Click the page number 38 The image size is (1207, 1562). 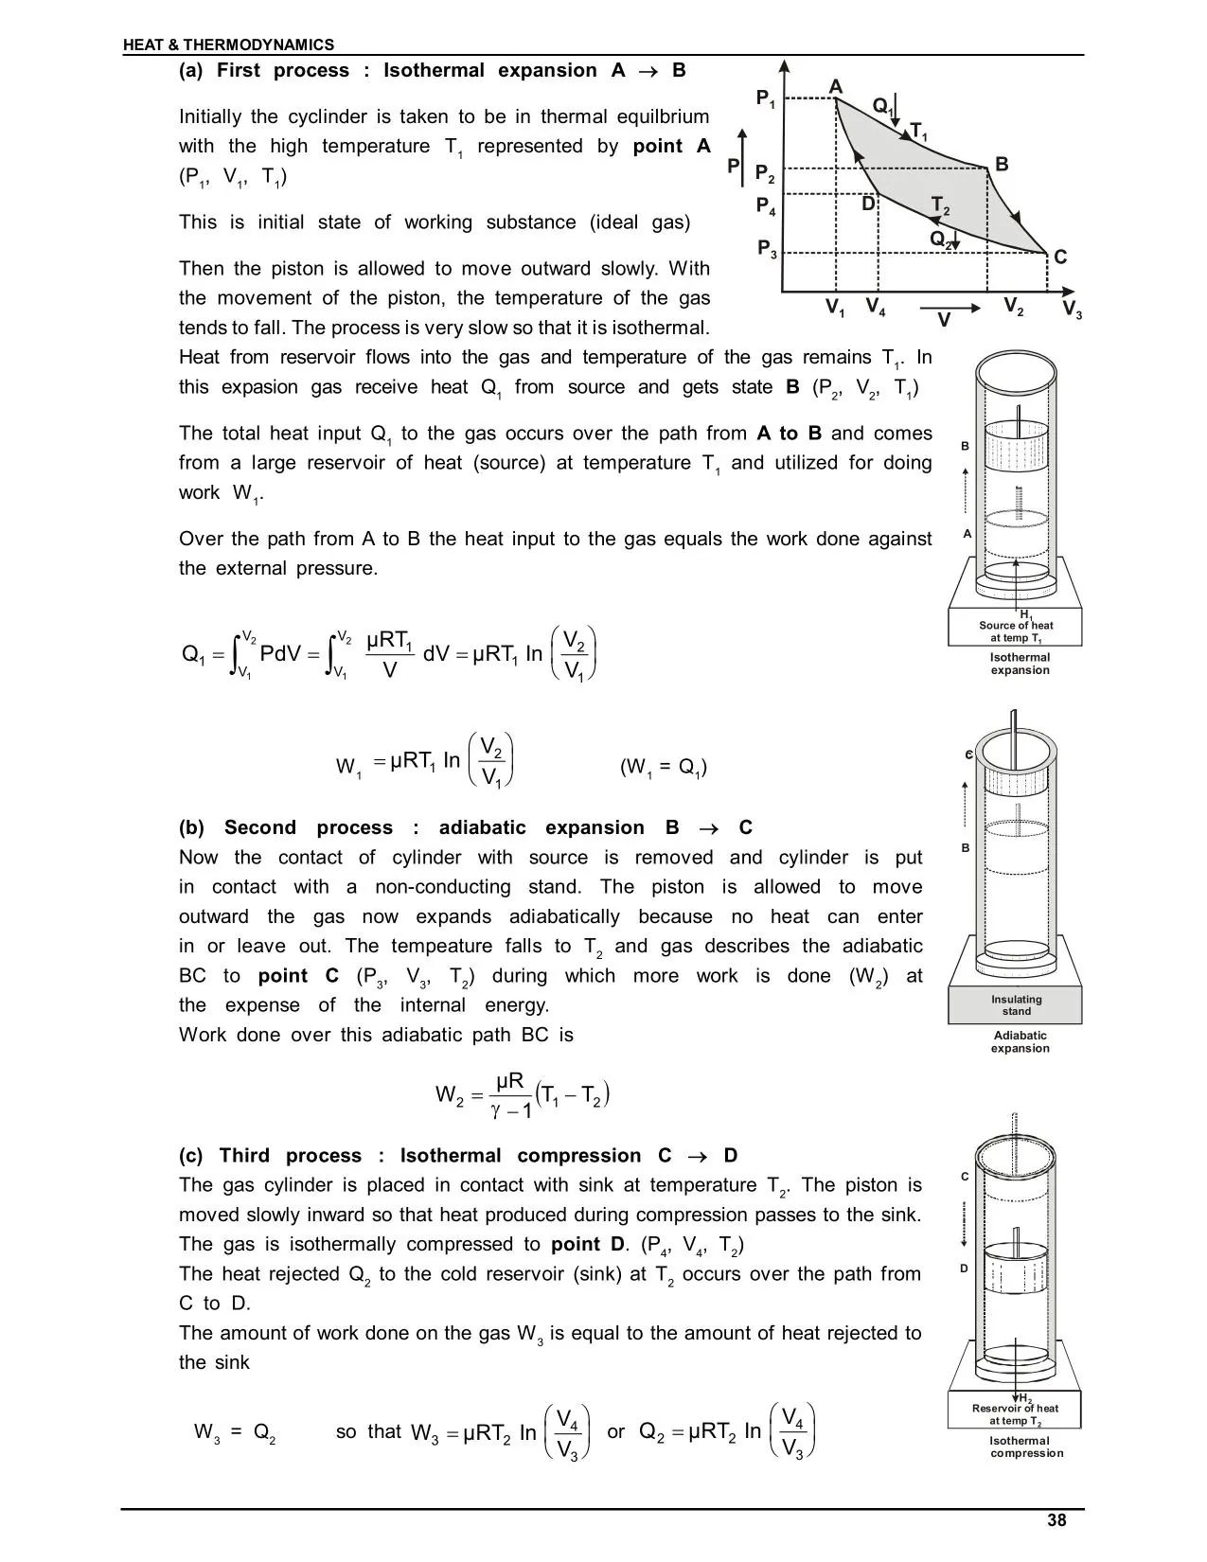tap(1056, 1520)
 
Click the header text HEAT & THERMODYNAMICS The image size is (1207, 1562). tap(228, 44)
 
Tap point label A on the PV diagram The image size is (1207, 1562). tap(835, 87)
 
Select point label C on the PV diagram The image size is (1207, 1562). tap(1060, 257)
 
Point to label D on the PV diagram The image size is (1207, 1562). tap(868, 204)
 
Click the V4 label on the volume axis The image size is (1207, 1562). tap(876, 308)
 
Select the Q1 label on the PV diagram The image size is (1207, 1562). tap(883, 107)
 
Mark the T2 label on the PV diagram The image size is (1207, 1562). tap(941, 205)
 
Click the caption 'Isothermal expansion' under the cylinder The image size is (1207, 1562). tap(1020, 664)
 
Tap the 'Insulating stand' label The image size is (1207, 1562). tap(1016, 1005)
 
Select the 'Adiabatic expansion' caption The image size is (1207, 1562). tap(1020, 1041)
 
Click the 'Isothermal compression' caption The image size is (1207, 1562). tap(1026, 1447)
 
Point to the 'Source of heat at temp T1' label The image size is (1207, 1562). tap(1016, 631)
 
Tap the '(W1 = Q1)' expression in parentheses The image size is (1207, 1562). tap(664, 767)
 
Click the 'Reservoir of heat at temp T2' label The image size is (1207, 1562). tap(1015, 1414)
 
